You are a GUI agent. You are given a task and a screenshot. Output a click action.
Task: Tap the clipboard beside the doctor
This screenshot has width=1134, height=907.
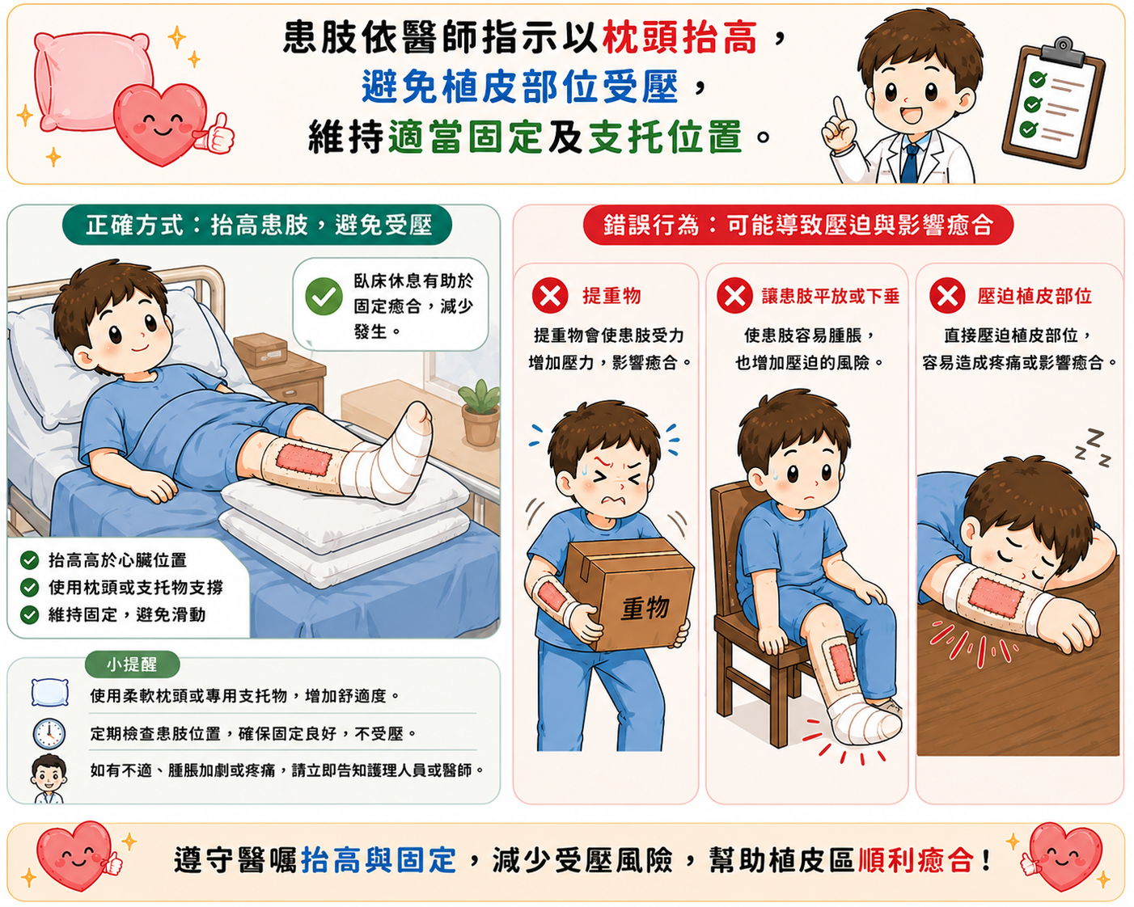tap(1054, 103)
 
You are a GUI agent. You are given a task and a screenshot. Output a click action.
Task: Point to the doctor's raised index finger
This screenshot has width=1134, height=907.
tap(839, 108)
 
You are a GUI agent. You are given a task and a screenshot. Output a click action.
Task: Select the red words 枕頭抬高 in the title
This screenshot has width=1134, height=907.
tap(679, 38)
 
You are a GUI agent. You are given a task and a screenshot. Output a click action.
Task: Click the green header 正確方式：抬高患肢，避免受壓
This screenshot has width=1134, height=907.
tap(257, 225)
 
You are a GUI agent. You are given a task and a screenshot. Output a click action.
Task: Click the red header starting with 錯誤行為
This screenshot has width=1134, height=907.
tap(798, 225)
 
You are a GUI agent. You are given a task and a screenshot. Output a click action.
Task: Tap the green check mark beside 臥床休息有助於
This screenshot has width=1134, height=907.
tap(324, 297)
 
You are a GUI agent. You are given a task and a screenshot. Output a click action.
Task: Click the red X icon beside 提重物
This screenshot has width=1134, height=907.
tap(550, 296)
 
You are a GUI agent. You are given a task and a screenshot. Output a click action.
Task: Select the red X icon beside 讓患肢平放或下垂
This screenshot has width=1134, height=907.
tap(734, 296)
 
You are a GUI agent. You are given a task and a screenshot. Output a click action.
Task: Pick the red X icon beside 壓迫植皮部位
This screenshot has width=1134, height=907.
tap(947, 296)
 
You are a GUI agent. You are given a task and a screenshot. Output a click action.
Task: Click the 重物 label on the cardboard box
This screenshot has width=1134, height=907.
tap(645, 609)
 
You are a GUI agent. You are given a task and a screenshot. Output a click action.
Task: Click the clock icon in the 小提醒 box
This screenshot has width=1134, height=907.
tap(49, 733)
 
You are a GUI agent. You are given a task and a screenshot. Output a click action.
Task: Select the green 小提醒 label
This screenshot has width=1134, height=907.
tap(132, 664)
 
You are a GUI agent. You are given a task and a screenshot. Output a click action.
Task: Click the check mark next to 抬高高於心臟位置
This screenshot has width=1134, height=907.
tap(29, 560)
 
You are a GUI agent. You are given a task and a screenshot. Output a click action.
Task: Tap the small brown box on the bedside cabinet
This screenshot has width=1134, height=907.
tap(260, 349)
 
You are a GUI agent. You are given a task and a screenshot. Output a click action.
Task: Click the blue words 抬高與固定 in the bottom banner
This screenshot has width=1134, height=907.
tap(378, 860)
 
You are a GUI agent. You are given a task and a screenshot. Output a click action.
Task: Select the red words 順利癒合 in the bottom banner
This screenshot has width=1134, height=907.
tap(916, 860)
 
